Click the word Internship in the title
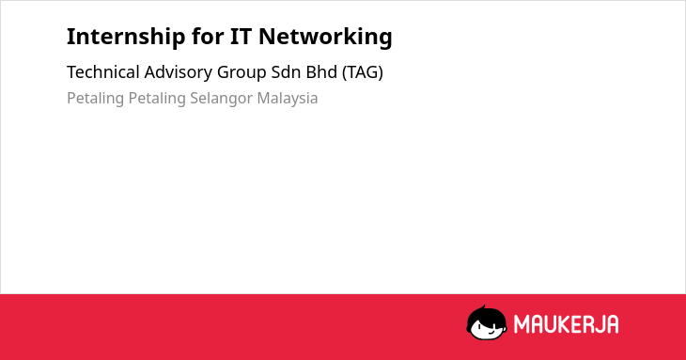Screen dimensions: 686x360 click(126, 37)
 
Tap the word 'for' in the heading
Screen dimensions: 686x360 click(208, 36)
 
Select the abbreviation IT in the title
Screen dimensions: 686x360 click(241, 37)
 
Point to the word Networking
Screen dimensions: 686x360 click(325, 37)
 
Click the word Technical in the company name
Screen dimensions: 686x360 click(103, 72)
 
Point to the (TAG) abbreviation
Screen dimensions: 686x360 click(362, 72)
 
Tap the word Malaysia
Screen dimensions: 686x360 click(288, 99)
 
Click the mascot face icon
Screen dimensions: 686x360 click(487, 322)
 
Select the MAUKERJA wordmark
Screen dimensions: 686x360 click(566, 324)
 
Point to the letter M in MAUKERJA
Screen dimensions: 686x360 click(522, 324)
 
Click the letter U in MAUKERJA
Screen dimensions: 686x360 click(551, 324)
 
